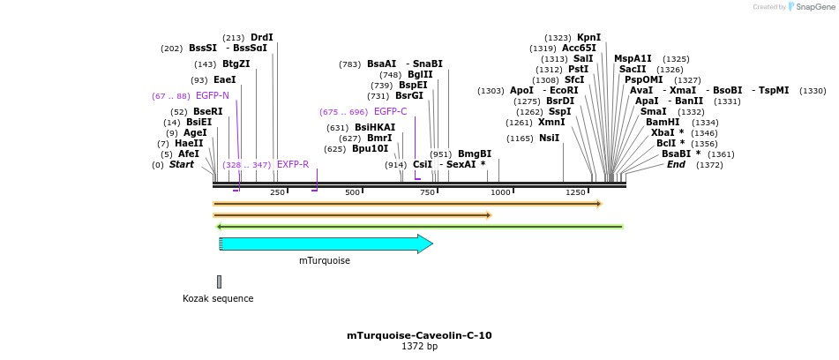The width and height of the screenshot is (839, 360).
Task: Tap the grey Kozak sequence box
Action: click(219, 281)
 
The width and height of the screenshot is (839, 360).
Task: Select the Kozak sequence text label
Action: click(218, 298)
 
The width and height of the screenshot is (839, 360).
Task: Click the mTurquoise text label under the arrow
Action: click(325, 260)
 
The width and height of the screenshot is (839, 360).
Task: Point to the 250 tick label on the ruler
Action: click(277, 192)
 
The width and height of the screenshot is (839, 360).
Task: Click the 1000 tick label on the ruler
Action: click(501, 192)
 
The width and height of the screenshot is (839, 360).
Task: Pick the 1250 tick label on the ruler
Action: click(575, 192)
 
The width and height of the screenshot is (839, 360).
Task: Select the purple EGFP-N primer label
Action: click(213, 95)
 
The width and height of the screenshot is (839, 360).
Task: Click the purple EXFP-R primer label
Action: click(293, 164)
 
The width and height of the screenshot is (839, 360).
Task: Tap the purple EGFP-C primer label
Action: click(391, 111)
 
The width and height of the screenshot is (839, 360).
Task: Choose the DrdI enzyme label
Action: click(262, 37)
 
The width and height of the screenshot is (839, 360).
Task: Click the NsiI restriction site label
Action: click(549, 138)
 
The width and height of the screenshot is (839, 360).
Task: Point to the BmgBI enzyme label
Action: click(475, 154)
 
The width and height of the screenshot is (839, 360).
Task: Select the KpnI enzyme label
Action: click(588, 37)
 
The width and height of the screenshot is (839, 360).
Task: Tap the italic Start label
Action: click(182, 164)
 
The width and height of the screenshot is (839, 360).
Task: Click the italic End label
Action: click(676, 164)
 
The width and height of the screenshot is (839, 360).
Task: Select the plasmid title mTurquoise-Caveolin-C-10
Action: click(419, 335)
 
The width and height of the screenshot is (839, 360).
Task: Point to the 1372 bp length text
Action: click(419, 347)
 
